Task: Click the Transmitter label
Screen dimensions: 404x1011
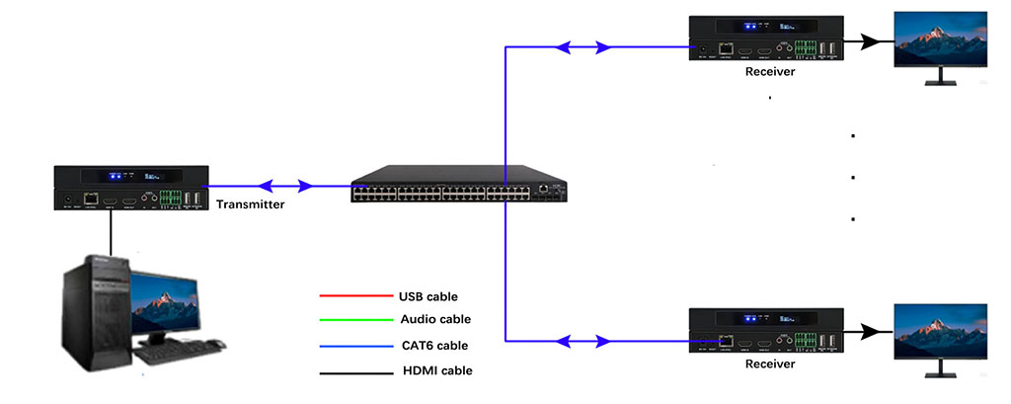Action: [x=251, y=204]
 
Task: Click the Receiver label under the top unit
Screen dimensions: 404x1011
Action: [x=770, y=71]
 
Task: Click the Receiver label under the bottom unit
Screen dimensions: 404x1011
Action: [x=770, y=364]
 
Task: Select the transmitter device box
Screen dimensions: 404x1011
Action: [x=130, y=189]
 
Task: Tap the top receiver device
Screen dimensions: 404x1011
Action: [x=768, y=39]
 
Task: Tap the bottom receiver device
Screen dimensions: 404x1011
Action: [x=768, y=331]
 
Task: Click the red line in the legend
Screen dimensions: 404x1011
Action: [x=355, y=295]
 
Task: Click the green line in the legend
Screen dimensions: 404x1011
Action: [x=355, y=319]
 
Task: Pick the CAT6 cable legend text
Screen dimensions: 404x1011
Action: [x=435, y=345]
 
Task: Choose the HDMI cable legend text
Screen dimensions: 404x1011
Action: [x=437, y=370]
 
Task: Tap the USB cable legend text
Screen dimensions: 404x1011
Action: [x=428, y=295]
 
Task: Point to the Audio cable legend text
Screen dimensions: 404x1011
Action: [x=435, y=319]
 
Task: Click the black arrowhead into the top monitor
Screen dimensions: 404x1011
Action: [x=868, y=42]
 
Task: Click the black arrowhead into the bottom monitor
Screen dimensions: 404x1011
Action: [x=868, y=334]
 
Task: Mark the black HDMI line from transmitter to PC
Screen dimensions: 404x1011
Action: [x=111, y=232]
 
